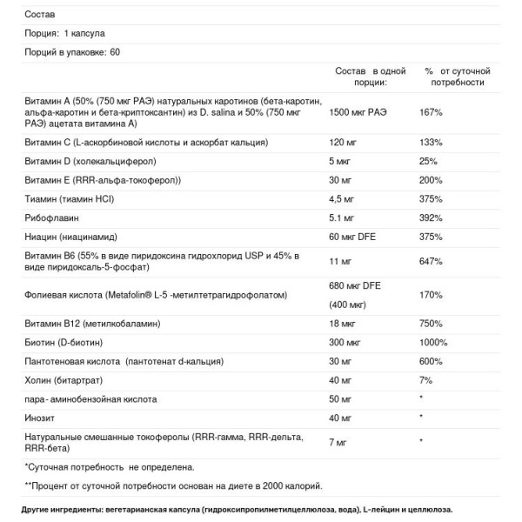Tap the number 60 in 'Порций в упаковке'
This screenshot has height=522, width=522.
[x=116, y=53]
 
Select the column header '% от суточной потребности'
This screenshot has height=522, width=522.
[x=458, y=76]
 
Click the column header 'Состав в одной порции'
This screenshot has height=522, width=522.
[x=370, y=76]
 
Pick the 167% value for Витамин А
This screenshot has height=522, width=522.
[x=433, y=112]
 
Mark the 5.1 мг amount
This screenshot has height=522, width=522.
[x=343, y=217]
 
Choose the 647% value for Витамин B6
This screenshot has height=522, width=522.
[x=433, y=260]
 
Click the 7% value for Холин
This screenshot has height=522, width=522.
[x=427, y=380]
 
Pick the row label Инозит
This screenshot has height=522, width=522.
[x=40, y=418]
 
